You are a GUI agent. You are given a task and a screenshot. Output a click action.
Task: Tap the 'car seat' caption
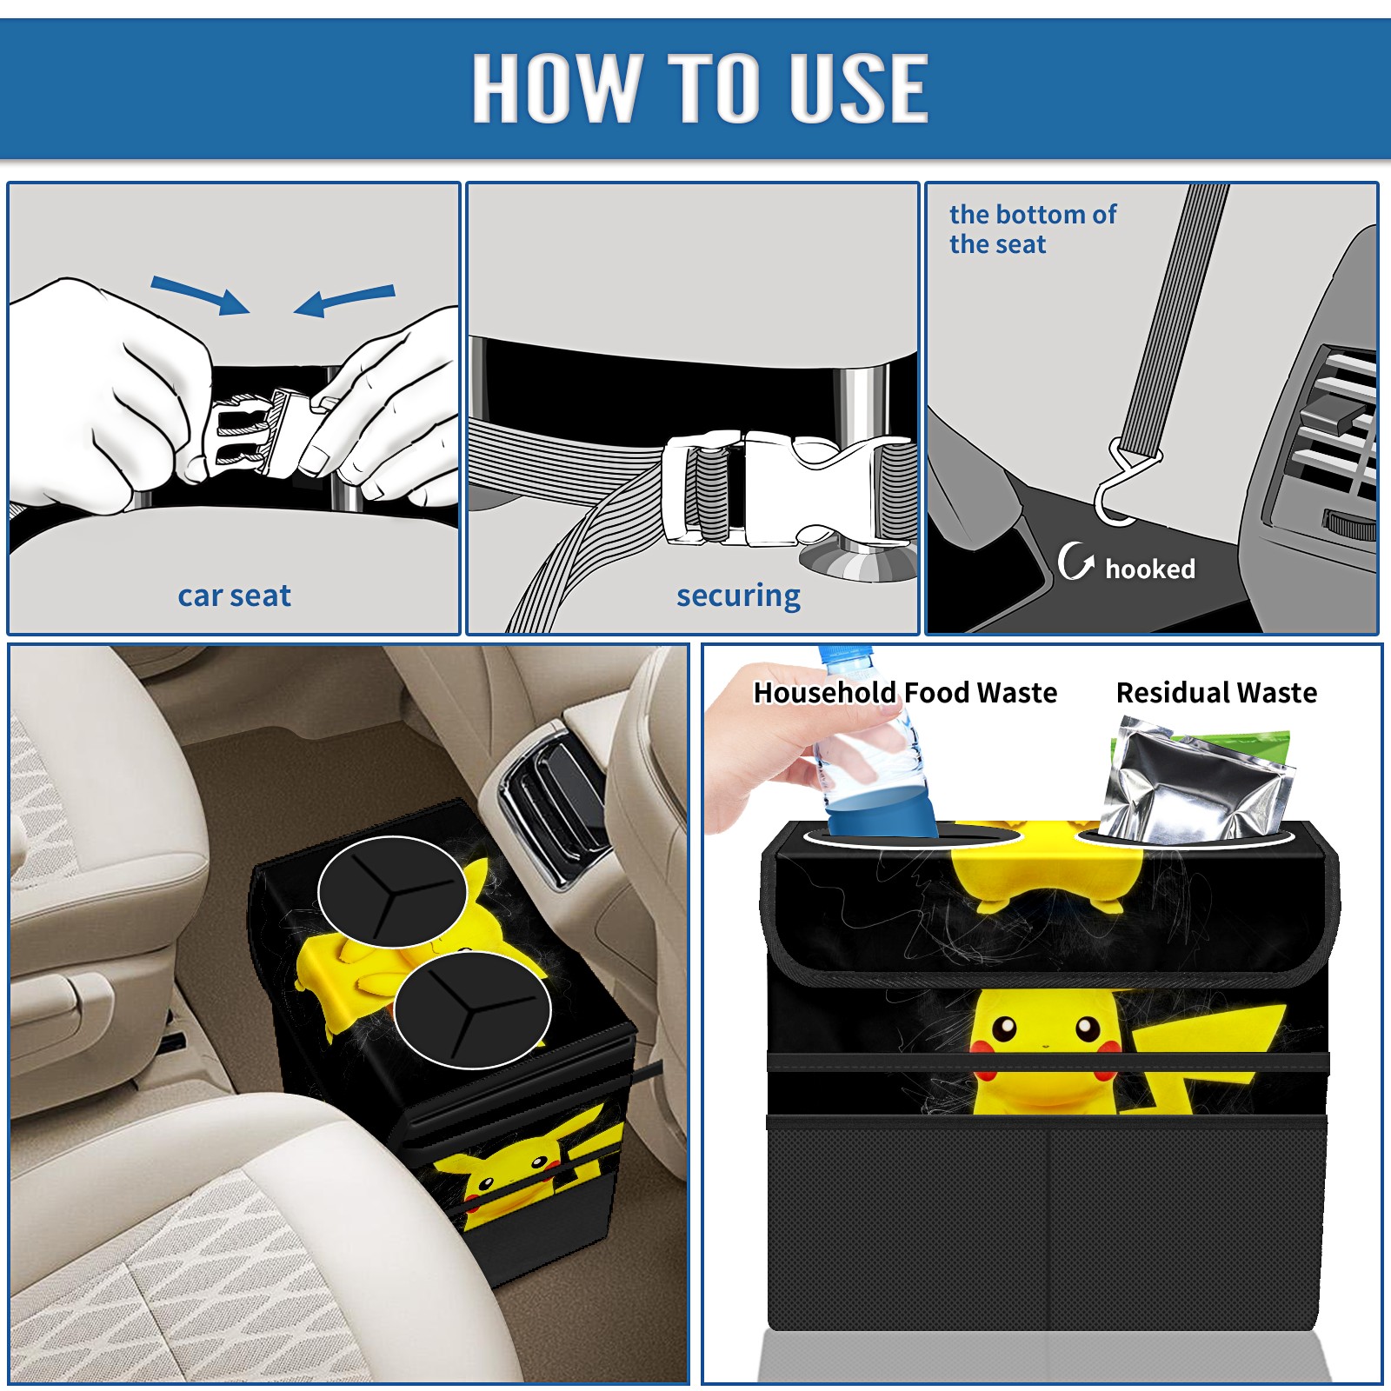click(234, 596)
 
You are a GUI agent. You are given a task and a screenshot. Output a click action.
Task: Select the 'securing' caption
click(738, 596)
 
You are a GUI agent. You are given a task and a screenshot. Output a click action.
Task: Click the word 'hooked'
click(1150, 569)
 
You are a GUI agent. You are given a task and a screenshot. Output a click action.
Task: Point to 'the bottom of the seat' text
click(1032, 230)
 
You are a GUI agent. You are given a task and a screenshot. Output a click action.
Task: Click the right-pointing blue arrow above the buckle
click(200, 295)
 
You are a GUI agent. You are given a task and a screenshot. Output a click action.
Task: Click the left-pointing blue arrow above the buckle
click(344, 300)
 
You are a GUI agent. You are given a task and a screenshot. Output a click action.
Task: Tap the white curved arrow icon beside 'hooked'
click(1075, 561)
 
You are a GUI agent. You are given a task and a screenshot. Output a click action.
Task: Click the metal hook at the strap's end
click(1121, 487)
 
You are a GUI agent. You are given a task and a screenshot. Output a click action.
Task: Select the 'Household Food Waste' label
click(905, 692)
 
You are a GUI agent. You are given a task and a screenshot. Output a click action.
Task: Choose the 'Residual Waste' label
click(1216, 692)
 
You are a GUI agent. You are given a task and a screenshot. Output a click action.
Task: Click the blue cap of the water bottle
click(845, 653)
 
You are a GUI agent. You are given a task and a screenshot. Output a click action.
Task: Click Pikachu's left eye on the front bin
click(1004, 1028)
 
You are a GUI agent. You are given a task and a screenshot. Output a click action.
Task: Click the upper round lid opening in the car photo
click(392, 891)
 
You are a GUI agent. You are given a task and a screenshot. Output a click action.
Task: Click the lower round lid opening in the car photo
click(472, 1008)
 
